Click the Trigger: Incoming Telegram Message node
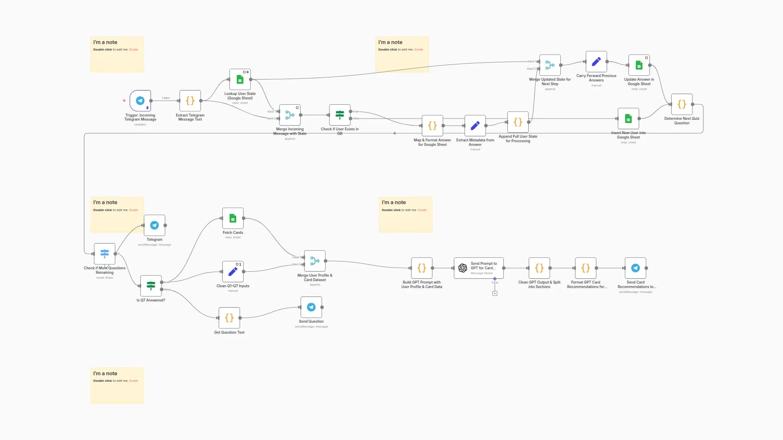click(x=140, y=101)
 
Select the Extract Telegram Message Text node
click(x=190, y=101)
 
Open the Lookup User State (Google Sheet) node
click(x=240, y=79)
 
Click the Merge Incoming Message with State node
click(x=290, y=115)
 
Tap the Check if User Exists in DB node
click(x=340, y=115)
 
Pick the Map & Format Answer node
click(x=432, y=125)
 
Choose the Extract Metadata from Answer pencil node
click(x=475, y=125)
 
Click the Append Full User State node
click(x=518, y=122)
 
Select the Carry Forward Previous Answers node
click(x=596, y=62)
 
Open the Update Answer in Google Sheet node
click(x=639, y=65)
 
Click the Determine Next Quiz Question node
click(x=682, y=104)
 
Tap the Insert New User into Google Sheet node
click(x=628, y=119)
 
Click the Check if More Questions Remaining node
click(x=104, y=254)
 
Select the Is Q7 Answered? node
click(x=151, y=286)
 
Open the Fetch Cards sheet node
click(x=233, y=218)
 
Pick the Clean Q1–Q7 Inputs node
click(x=233, y=272)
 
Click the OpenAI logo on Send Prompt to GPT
click(x=463, y=268)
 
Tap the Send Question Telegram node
click(x=311, y=307)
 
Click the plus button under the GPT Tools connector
click(x=495, y=293)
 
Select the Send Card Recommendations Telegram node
click(x=635, y=268)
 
